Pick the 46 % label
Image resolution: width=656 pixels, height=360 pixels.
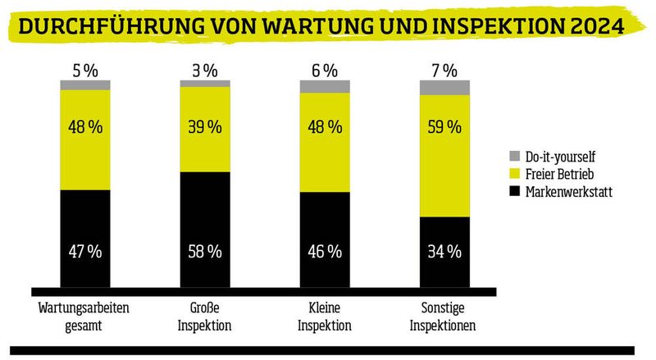click(x=325, y=252)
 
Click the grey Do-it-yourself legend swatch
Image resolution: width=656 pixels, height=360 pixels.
click(x=514, y=155)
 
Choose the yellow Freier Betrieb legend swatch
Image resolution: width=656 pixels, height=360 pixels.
click(x=514, y=173)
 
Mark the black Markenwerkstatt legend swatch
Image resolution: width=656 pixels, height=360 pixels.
click(x=514, y=191)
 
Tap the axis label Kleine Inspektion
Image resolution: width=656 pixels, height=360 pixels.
click(x=325, y=317)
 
